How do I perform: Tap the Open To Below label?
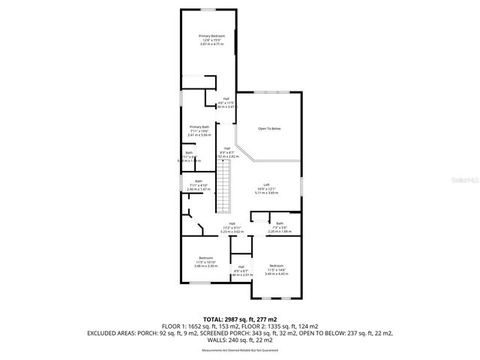(x=269, y=128)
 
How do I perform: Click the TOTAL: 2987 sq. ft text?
(x=240, y=319)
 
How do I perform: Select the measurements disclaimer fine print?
(x=240, y=350)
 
